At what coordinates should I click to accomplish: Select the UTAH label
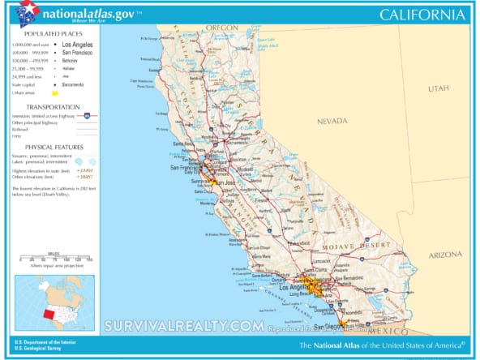pos(439,88)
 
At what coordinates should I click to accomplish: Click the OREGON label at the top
pos(221,28)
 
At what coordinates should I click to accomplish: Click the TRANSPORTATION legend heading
pos(51,107)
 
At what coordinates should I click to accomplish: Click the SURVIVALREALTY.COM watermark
pos(183,326)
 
